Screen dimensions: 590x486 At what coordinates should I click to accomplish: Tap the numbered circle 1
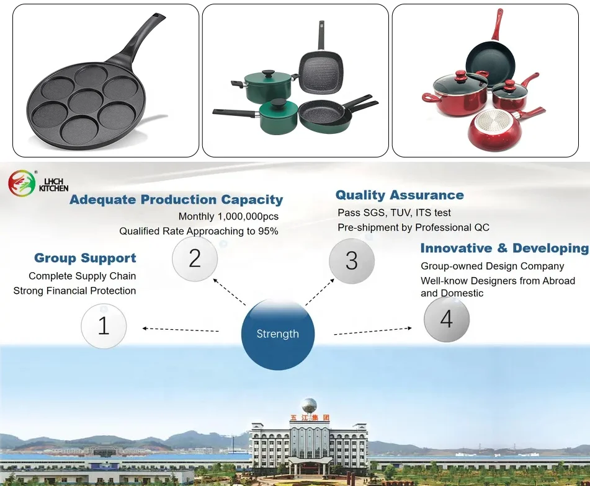(x=104, y=325)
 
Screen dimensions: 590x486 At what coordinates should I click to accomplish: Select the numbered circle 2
(x=195, y=258)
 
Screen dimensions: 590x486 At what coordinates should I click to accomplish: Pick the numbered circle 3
(x=351, y=261)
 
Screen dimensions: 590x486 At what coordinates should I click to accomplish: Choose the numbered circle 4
(x=446, y=319)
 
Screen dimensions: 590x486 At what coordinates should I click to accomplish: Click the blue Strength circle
(x=277, y=334)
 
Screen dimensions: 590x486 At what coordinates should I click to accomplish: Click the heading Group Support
(x=85, y=258)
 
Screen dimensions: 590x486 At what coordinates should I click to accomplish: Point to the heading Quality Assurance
(x=400, y=195)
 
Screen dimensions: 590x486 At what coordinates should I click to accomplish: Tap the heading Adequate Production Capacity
(x=176, y=200)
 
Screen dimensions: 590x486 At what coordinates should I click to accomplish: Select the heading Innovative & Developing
(x=504, y=249)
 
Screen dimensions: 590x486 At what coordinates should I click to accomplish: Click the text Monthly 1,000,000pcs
(x=228, y=216)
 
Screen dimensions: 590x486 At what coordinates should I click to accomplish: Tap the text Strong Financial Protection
(x=74, y=291)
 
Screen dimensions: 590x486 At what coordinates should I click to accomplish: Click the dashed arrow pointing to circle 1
(x=180, y=329)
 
